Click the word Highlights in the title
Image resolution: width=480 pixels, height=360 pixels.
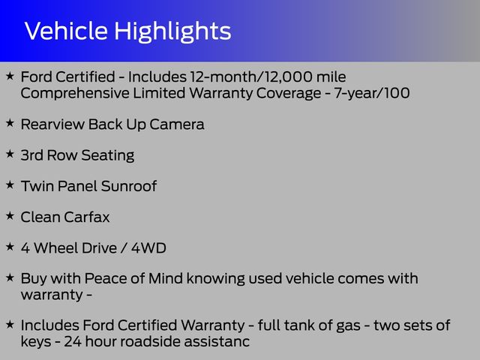(172, 31)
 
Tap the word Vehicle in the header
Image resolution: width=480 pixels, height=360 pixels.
(66, 31)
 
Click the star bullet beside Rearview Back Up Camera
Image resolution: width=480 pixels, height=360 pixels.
(10, 123)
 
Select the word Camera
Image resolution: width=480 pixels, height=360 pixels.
(177, 124)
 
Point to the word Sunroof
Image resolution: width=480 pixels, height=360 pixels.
(129, 186)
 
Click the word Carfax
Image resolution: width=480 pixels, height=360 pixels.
(87, 217)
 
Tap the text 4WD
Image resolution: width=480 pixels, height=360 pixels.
(148, 247)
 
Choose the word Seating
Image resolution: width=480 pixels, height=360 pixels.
(108, 155)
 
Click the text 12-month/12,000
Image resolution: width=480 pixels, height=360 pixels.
(251, 76)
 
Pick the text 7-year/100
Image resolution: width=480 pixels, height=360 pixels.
(372, 93)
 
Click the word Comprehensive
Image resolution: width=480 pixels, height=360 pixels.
(75, 93)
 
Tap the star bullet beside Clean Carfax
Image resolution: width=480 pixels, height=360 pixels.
(10, 216)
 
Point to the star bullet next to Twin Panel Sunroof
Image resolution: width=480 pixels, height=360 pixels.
(10, 184)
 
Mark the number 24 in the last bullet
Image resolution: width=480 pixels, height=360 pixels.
(73, 341)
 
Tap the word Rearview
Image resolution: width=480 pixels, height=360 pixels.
(52, 124)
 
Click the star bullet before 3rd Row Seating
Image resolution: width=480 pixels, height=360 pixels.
(10, 154)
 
